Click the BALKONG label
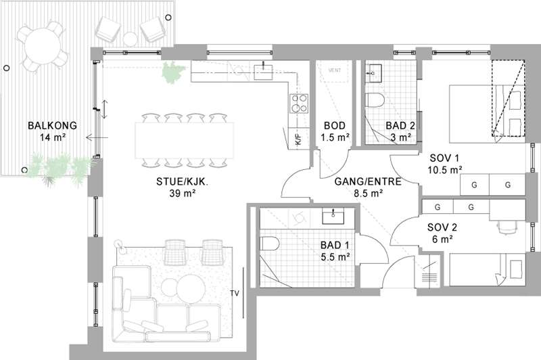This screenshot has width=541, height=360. (x=53, y=125)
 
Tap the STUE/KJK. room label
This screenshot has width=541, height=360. (x=182, y=181)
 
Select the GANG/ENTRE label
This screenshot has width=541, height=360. (x=368, y=181)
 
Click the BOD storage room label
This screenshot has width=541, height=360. (x=335, y=125)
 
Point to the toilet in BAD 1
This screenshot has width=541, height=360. (x=269, y=244)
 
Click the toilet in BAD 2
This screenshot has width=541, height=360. (x=375, y=100)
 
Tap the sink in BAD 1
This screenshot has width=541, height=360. (x=333, y=216)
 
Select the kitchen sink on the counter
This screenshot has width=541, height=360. (x=263, y=72)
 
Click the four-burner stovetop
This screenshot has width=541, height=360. (x=299, y=104)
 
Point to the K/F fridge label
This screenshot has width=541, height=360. (x=298, y=139)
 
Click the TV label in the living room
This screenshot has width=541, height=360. (x=235, y=294)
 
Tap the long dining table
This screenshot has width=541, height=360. (x=184, y=140)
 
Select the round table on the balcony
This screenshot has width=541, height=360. (x=43, y=47)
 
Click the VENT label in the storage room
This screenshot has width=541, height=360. (x=335, y=70)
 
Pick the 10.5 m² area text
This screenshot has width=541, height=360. (x=445, y=170)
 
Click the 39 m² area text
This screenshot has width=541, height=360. (x=182, y=194)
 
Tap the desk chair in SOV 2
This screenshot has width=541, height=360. (x=507, y=227)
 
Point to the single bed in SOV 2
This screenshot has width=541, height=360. (x=487, y=269)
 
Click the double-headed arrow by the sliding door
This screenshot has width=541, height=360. (x=105, y=109)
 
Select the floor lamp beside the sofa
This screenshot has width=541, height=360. (x=120, y=244)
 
